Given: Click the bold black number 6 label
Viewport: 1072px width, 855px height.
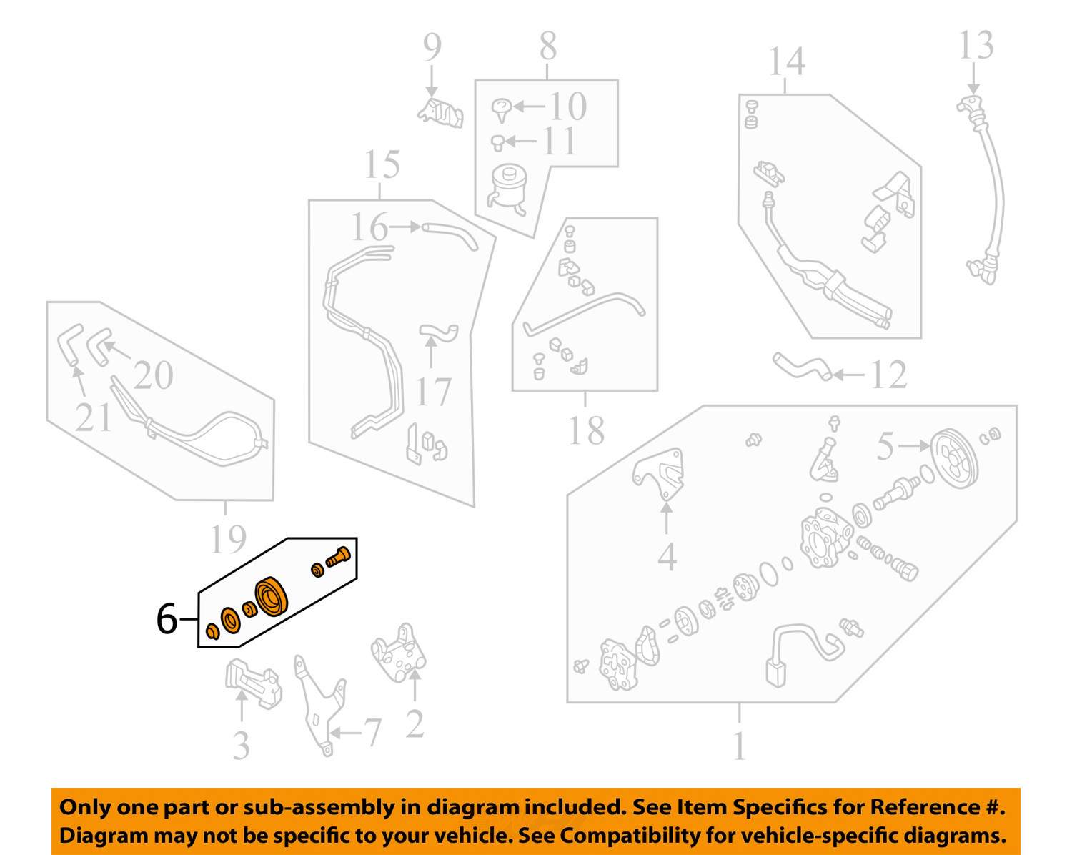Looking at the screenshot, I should [167, 618].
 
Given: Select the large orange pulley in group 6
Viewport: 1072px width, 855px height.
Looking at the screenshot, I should [272, 595].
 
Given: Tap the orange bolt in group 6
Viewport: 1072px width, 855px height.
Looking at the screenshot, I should [338, 557].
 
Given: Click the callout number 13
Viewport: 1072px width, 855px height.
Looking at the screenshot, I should [976, 46].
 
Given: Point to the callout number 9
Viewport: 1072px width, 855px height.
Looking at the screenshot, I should [432, 47].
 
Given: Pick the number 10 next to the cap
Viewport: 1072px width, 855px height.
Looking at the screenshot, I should [567, 107].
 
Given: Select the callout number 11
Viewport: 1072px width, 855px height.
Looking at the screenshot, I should [559, 141].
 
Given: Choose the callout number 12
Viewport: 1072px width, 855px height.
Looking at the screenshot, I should [888, 375].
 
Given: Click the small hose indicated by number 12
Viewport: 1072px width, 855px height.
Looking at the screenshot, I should [801, 366].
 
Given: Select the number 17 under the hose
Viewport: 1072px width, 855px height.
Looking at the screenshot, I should [433, 392].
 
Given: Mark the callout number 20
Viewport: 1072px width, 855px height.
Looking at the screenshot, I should [153, 375].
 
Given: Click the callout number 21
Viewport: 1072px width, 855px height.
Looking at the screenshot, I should [94, 417].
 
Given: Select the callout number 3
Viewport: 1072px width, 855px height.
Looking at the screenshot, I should [242, 746].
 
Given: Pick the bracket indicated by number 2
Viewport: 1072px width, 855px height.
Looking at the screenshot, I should [397, 654].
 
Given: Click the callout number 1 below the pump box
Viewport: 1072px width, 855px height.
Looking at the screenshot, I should [739, 746].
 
